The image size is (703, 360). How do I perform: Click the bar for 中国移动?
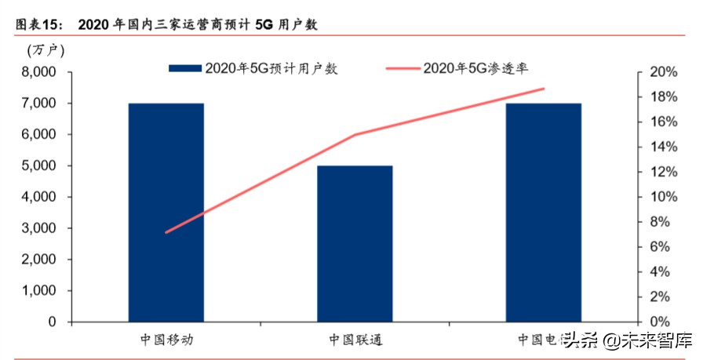coord(166,213)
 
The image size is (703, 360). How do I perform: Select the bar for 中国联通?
coord(355,243)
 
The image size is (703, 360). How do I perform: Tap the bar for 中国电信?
coord(543,213)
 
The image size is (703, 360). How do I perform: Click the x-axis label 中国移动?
coord(166,340)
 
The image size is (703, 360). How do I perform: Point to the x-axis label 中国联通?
coord(355,340)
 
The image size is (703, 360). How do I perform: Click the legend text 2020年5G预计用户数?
coord(271,69)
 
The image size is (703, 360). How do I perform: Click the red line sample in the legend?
coord(402,69)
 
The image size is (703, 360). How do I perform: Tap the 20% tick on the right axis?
coord(663,72)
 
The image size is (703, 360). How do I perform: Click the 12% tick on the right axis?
coord(663,172)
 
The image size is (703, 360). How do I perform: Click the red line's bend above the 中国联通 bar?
coord(355,135)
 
